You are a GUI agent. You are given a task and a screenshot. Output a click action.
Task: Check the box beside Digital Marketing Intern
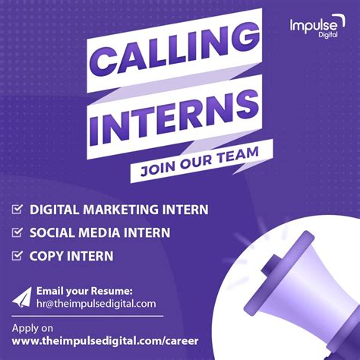(17, 209)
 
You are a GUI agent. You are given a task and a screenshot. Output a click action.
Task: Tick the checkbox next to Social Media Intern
(17, 232)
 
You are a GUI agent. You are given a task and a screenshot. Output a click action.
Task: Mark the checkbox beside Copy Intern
(17, 256)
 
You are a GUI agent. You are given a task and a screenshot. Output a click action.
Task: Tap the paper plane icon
(22, 296)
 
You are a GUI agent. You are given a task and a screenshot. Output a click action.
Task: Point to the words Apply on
(33, 328)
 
